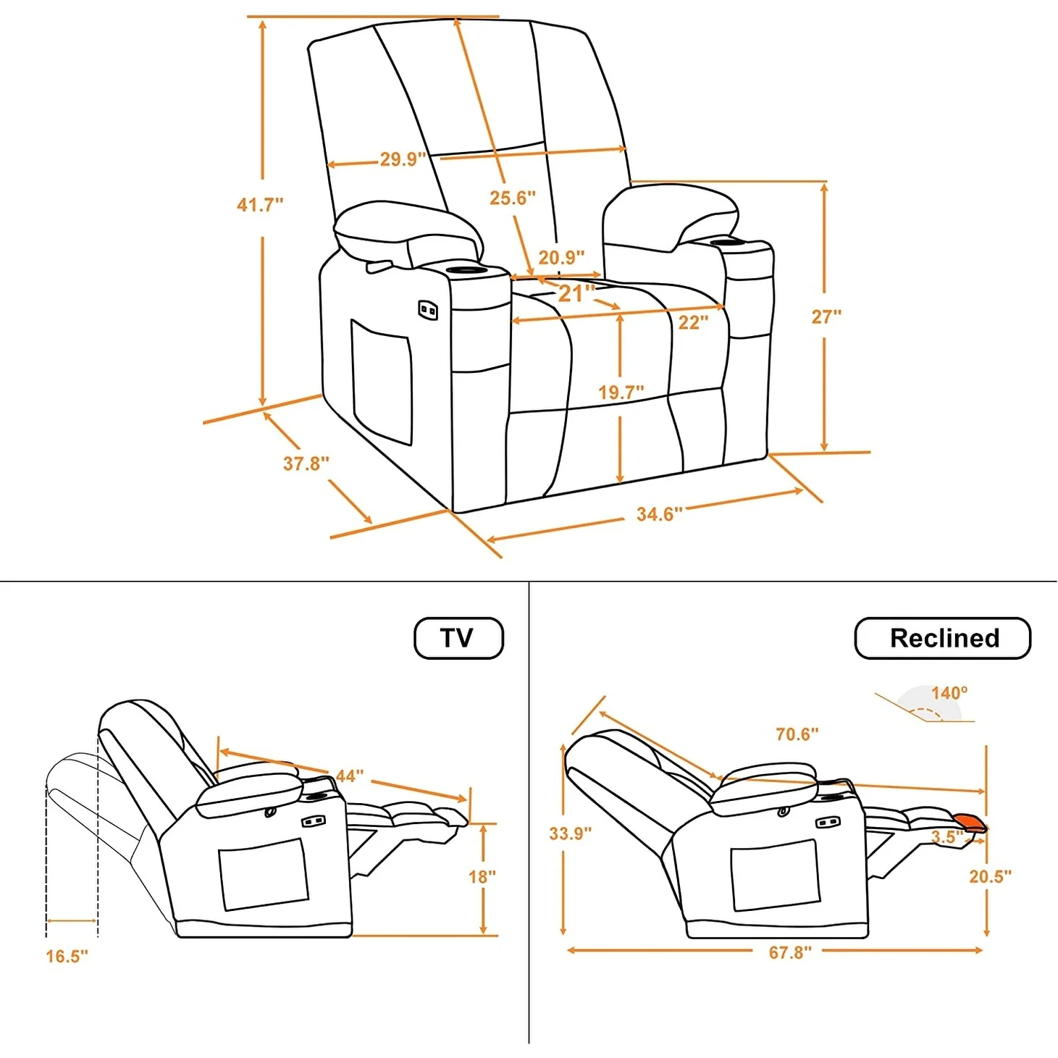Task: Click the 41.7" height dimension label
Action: click(260, 205)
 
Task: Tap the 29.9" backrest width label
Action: click(402, 159)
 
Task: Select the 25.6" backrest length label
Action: click(512, 198)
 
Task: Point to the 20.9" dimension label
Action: click(561, 258)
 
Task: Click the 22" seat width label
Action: click(693, 322)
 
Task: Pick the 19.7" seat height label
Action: click(621, 392)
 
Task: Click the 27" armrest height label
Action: click(826, 317)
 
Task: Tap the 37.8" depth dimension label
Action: click(306, 463)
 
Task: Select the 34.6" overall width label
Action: click(659, 514)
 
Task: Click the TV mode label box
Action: click(458, 638)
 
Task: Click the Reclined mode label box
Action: click(942, 638)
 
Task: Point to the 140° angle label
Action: click(949, 693)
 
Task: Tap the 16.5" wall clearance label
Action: click(67, 956)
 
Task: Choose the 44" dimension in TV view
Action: click(349, 776)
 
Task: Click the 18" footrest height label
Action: click(482, 877)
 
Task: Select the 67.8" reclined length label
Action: click(790, 952)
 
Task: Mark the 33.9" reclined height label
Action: click(570, 834)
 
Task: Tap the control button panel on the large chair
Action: click(427, 311)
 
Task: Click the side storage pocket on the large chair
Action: click(382, 382)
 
